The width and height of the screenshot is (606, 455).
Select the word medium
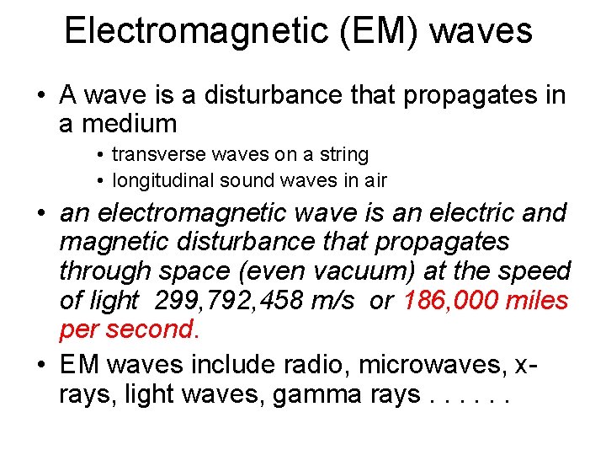pyautogui.click(x=118, y=124)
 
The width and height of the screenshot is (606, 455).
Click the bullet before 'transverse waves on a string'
pyautogui.click(x=100, y=156)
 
